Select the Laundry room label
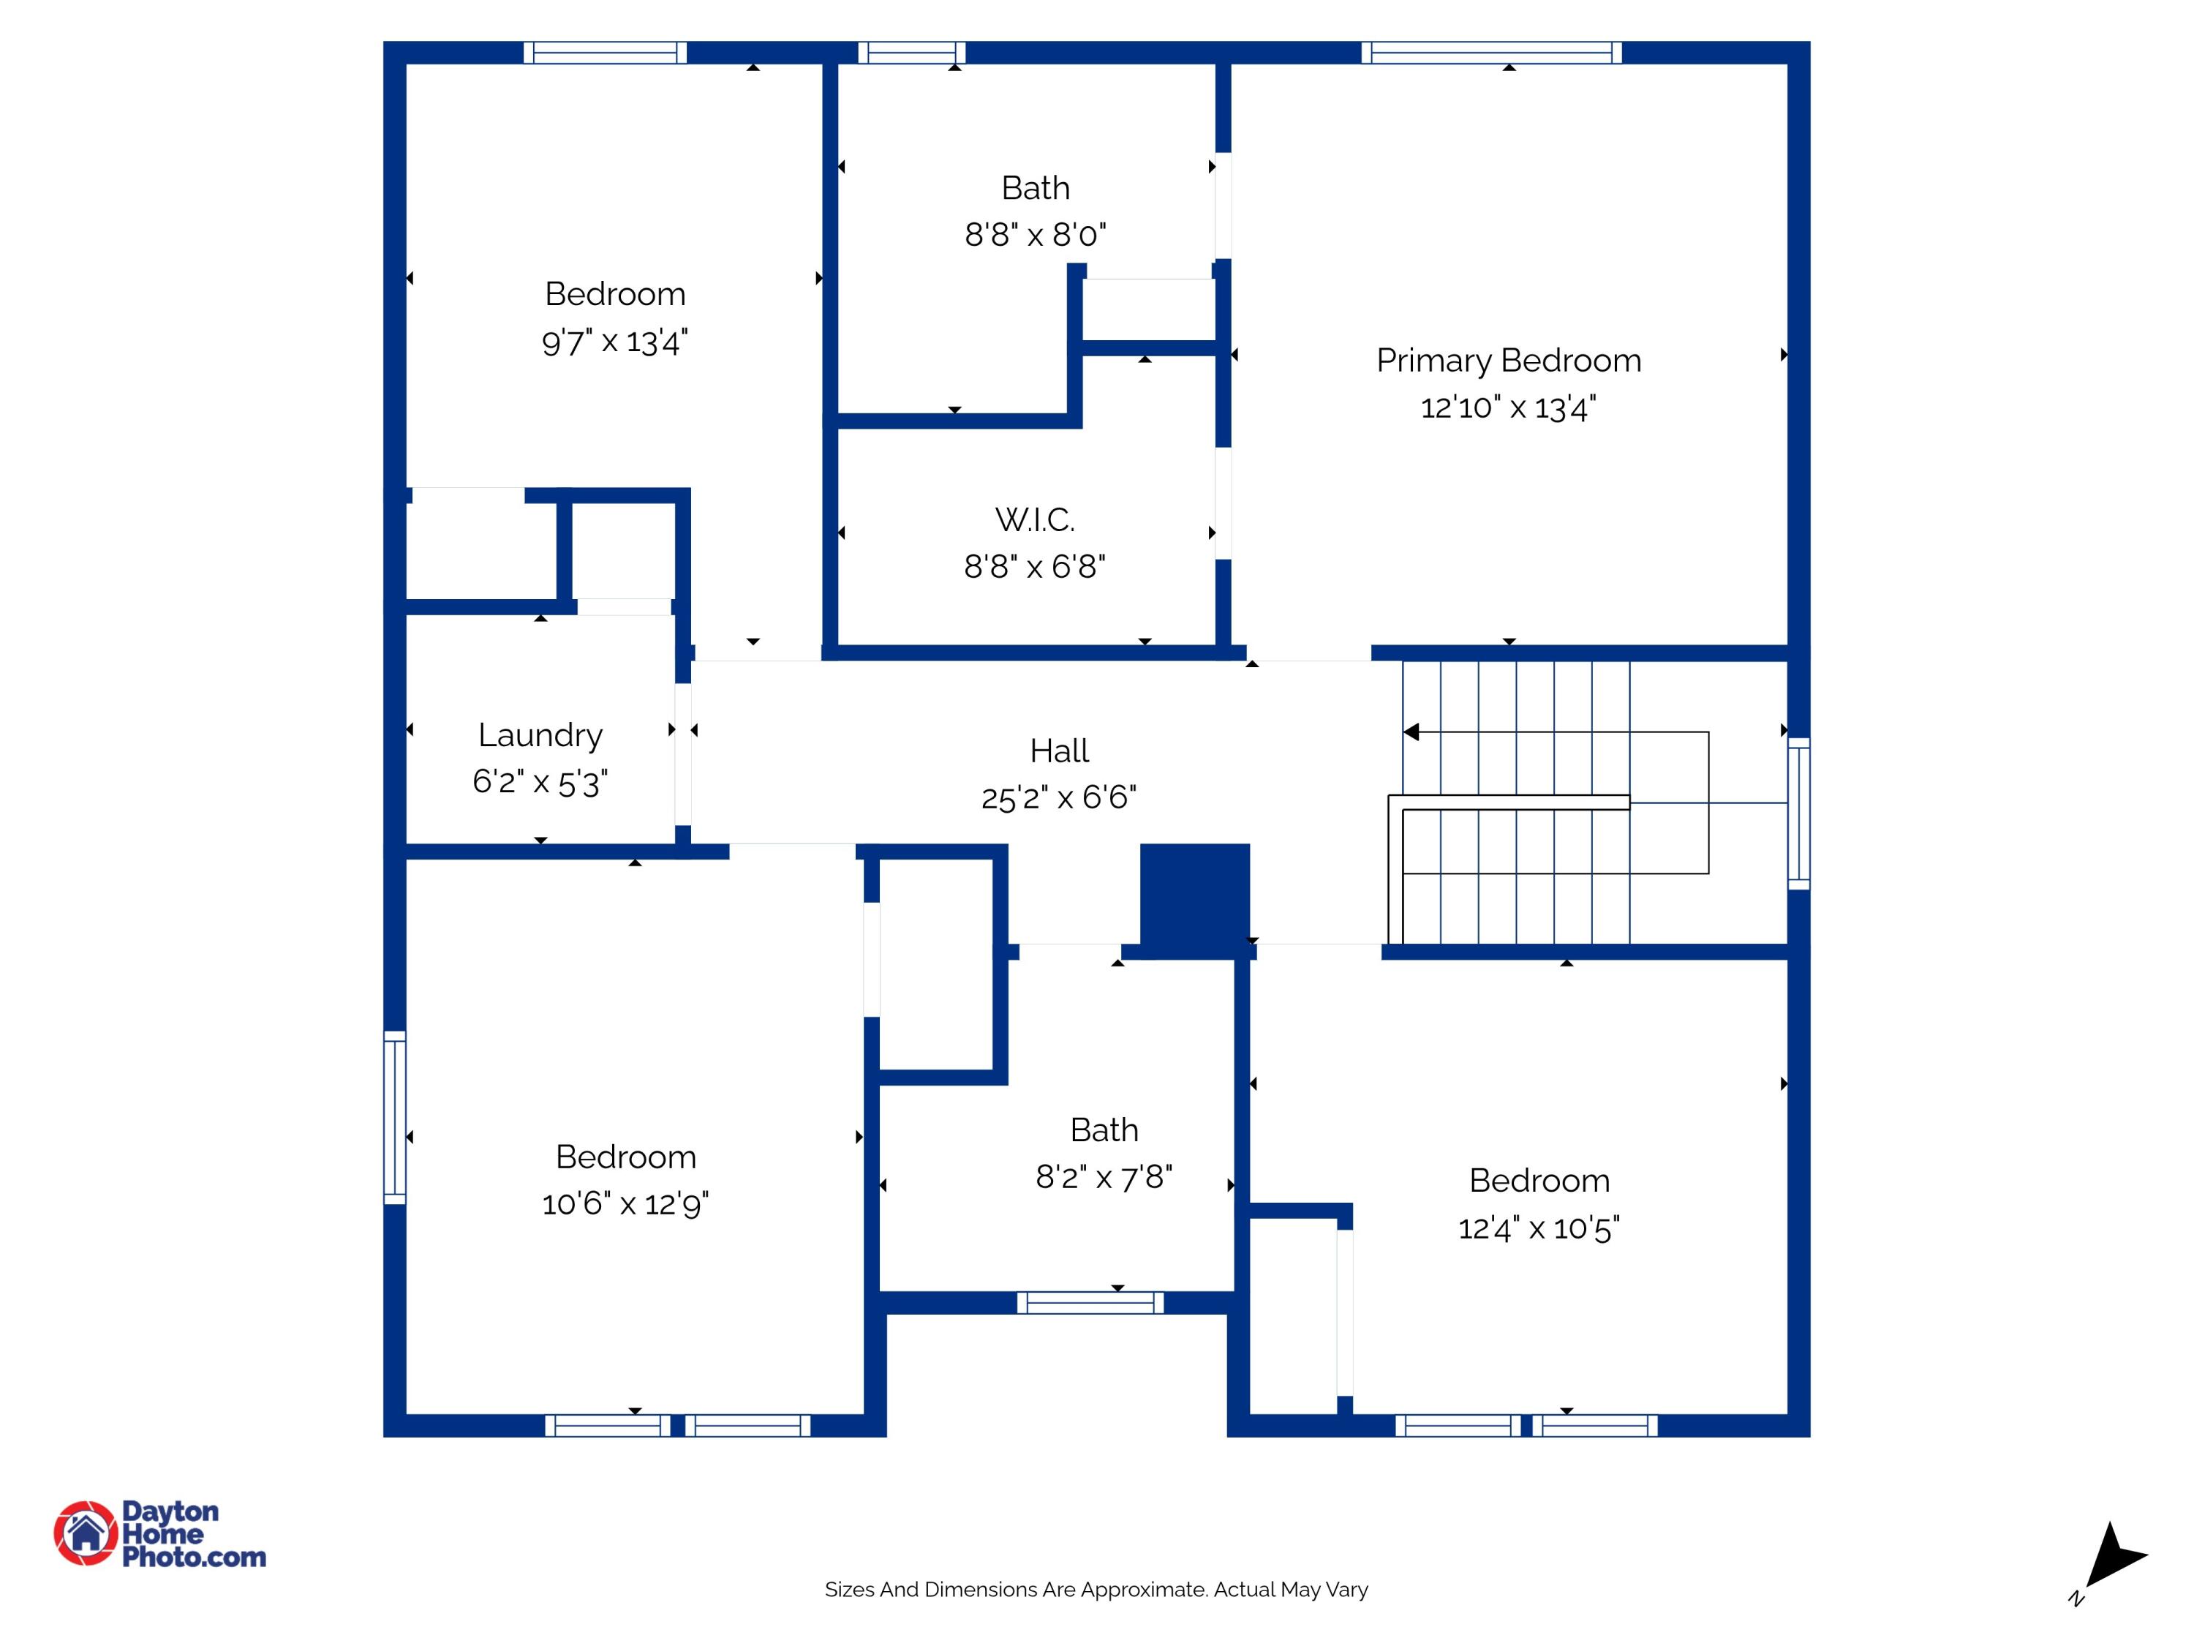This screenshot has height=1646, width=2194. click(x=540, y=735)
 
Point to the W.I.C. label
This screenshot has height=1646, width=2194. click(x=1035, y=519)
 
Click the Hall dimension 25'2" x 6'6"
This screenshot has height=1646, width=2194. click(x=1058, y=797)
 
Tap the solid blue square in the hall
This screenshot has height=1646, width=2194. click(x=1194, y=898)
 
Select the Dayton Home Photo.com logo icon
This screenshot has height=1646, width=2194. click(x=86, y=1533)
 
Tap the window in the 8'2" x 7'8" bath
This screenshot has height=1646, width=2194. click(x=1090, y=1303)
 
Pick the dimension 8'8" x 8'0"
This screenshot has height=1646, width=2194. click(x=1035, y=235)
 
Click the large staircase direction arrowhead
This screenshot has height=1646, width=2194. click(x=1411, y=732)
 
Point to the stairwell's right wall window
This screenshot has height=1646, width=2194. click(x=1798, y=813)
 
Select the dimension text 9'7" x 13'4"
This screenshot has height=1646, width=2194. click(x=614, y=342)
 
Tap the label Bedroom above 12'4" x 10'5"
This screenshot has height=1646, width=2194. click(x=1539, y=1181)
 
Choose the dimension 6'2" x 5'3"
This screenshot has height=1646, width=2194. click(x=540, y=783)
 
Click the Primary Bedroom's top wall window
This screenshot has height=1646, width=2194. click(x=1490, y=53)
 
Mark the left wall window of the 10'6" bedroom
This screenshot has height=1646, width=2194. click(x=395, y=1117)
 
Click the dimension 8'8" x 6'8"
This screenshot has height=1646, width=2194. click(x=1035, y=566)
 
